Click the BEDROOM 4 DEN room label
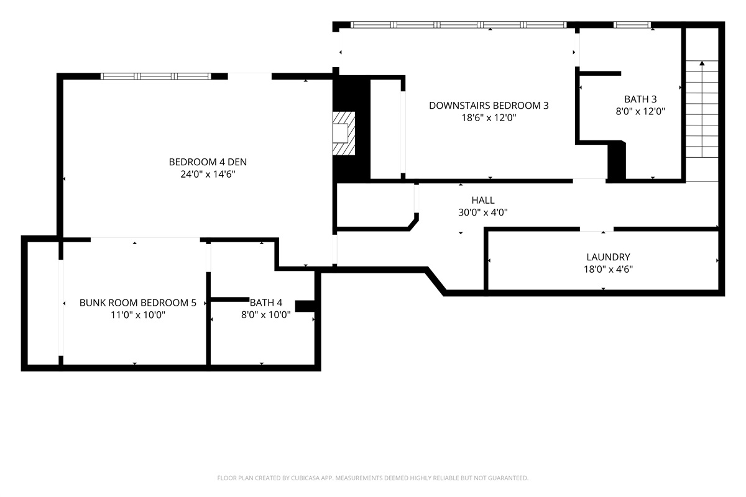click(208, 162)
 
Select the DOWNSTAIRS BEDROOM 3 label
click(489, 106)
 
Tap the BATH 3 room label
click(640, 99)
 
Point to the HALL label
click(483, 200)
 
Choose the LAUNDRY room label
click(608, 257)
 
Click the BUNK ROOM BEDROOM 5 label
click(138, 303)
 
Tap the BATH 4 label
click(266, 303)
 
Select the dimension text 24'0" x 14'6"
click(208, 174)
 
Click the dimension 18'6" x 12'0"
click(489, 117)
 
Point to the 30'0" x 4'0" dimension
click(483, 212)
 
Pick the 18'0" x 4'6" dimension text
click(608, 269)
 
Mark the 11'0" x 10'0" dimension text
click(138, 314)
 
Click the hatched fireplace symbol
click(344, 133)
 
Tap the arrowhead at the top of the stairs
click(702, 63)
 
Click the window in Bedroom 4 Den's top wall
click(156, 76)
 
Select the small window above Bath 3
click(632, 25)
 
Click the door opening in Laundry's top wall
click(597, 229)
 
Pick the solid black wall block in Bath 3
click(617, 162)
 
